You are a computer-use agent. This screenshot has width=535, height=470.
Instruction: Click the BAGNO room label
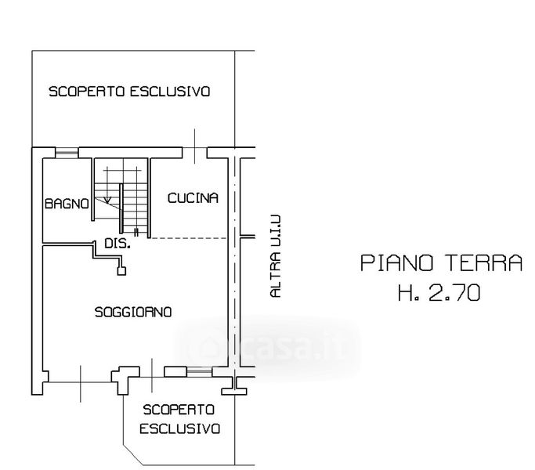pyautogui.click(x=67, y=204)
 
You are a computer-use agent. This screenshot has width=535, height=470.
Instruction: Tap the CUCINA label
pyautogui.click(x=193, y=198)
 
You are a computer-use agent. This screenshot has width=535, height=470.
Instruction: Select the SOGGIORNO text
pyautogui.click(x=133, y=312)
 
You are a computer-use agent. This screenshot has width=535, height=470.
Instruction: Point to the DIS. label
pyautogui.click(x=117, y=244)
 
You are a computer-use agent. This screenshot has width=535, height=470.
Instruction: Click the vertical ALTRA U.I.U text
pyautogui.click(x=274, y=257)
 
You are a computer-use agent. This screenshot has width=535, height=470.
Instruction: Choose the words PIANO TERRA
pyautogui.click(x=441, y=262)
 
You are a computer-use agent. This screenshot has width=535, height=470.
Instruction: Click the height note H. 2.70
pyautogui.click(x=439, y=294)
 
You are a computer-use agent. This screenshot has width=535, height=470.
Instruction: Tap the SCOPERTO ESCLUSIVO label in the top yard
pyautogui.click(x=129, y=92)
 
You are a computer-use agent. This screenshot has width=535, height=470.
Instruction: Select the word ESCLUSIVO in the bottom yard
pyautogui.click(x=179, y=428)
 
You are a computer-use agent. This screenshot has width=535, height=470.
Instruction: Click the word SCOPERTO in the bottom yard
pyautogui.click(x=179, y=409)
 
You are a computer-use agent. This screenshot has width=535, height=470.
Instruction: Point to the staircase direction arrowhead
pyautogui.click(x=107, y=200)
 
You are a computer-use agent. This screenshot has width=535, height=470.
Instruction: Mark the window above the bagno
pyautogui.click(x=67, y=151)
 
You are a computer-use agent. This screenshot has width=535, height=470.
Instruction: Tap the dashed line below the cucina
pyautogui.click(x=188, y=237)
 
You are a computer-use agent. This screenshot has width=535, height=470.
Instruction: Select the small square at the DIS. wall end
pyautogui.click(x=121, y=271)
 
